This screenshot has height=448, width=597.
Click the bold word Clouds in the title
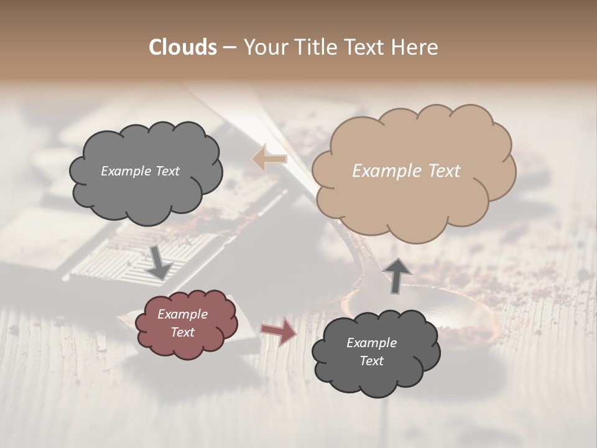pos(183,47)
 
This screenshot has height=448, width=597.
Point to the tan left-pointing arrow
pos(269,159)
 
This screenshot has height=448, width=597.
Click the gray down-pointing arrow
pos(160,262)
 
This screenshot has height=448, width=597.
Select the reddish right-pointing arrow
pos(279,331)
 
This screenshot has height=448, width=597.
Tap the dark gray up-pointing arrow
pos(397,274)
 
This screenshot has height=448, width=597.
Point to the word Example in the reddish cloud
pos(182,314)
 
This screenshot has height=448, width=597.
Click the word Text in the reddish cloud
pos(182,332)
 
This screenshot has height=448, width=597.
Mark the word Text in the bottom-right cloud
pos(371,361)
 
